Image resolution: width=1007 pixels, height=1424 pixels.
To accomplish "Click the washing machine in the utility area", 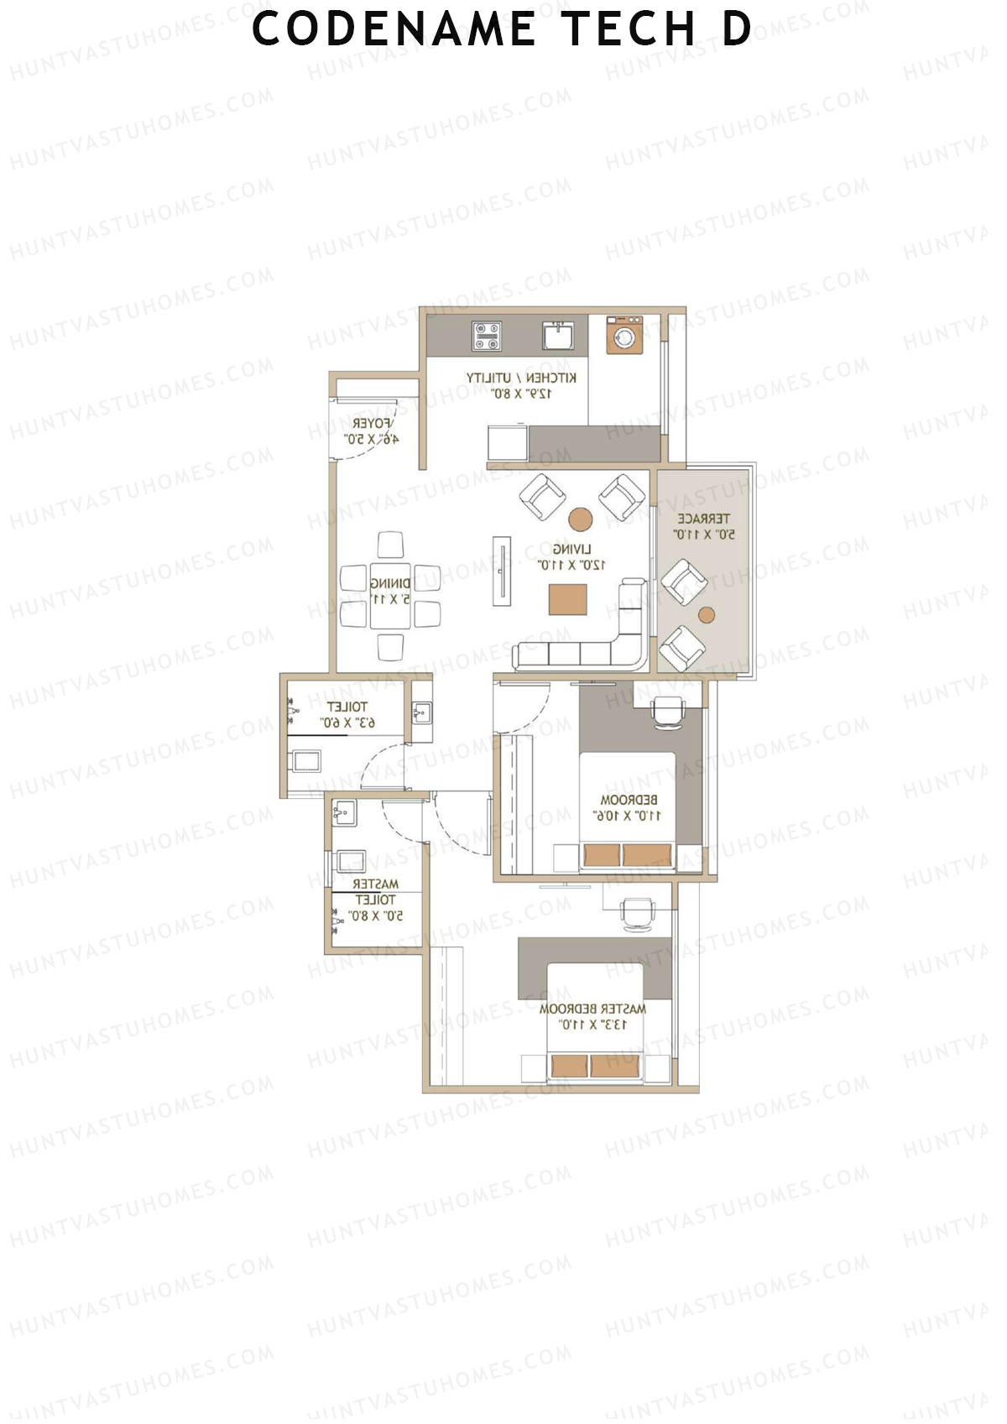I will [x=624, y=336].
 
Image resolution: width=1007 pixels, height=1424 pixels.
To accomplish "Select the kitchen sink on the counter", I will [x=557, y=335].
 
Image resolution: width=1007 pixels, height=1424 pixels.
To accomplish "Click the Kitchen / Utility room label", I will [x=521, y=385].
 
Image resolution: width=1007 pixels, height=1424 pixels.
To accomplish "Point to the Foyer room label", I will [x=371, y=430].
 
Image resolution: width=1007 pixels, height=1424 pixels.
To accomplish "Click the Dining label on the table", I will [x=390, y=591].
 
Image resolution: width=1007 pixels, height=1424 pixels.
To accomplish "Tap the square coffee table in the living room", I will [x=568, y=599].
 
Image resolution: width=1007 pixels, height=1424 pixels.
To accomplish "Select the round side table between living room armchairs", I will [x=581, y=518].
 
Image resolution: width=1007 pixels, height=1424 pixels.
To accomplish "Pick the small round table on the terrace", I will [x=707, y=614].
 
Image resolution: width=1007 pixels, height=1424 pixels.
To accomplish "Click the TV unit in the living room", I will [x=502, y=570].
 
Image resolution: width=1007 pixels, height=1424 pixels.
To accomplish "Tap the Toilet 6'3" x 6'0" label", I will [x=347, y=714].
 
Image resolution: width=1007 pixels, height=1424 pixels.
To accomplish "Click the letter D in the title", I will [x=736, y=29].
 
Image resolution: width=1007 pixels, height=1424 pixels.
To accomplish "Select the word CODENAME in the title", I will [x=394, y=29].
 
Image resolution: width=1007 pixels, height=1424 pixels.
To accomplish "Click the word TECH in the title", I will [x=629, y=29].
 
